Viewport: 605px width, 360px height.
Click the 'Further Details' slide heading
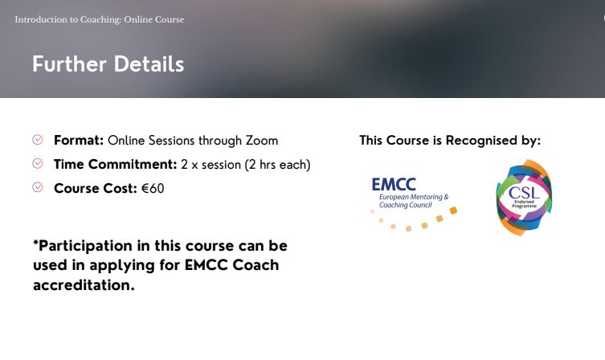click(x=108, y=64)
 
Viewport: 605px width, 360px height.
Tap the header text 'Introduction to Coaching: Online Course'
click(x=99, y=19)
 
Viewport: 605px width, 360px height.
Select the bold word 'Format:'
click(x=79, y=141)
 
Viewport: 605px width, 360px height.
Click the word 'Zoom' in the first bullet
click(x=262, y=141)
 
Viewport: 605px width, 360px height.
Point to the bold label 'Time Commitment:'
click(x=115, y=165)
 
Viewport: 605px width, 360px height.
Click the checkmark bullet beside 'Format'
click(x=38, y=140)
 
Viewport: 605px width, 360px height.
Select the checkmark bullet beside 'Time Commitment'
click(x=38, y=164)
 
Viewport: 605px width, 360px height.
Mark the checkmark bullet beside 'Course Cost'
click(x=38, y=188)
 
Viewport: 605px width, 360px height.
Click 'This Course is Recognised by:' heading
click(x=450, y=141)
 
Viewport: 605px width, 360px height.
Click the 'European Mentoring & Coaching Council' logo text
click(x=413, y=201)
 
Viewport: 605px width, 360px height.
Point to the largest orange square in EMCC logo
click(x=453, y=211)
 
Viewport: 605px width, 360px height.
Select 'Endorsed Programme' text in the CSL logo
click(x=523, y=206)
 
